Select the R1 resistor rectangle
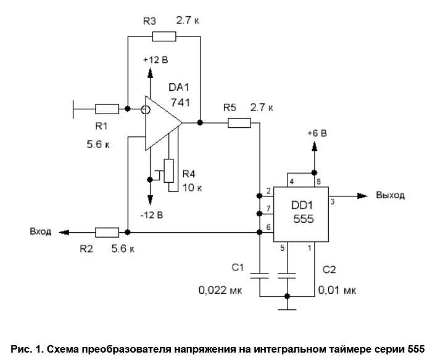coord(107,109)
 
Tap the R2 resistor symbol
coord(107,232)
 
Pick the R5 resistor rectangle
coord(239,123)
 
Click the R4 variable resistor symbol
coord(168,171)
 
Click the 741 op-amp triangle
coord(162,123)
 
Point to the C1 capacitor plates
coord(260,274)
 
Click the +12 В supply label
coord(155,60)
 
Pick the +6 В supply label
coord(317,133)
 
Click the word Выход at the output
coord(390,195)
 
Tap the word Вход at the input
coord(40,232)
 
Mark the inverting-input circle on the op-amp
coord(146,110)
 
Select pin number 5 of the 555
coord(283,248)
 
